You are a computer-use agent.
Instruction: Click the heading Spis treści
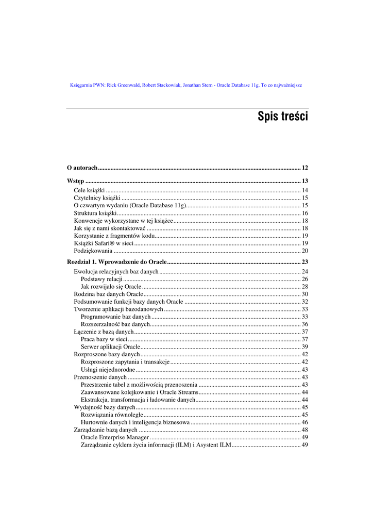coord(282,117)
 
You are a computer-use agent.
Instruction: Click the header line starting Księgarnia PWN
coord(185,85)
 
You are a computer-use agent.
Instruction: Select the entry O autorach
coord(82,168)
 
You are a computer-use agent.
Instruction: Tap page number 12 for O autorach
coord(304,168)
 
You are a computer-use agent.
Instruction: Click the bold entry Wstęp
coord(76,181)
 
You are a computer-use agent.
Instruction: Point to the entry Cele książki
coord(89,190)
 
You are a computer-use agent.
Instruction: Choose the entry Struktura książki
coord(95,213)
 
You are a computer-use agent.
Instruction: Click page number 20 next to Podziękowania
coord(304,251)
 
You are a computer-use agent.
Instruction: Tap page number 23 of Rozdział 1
coord(304,262)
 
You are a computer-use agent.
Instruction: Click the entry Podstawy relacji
coord(101,279)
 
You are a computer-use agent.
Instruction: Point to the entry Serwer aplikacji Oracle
coord(110,347)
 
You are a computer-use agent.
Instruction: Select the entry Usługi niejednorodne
coord(108,370)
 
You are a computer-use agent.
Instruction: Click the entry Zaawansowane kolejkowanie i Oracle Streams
coord(139,392)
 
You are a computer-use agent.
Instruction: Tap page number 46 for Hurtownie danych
coord(304,422)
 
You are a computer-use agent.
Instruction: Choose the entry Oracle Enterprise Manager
coord(115,437)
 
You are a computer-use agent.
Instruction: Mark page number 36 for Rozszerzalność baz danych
coord(304,324)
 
